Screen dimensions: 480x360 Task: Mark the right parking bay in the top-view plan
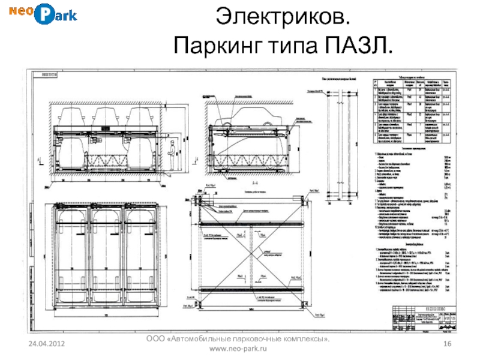[x=139, y=254]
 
